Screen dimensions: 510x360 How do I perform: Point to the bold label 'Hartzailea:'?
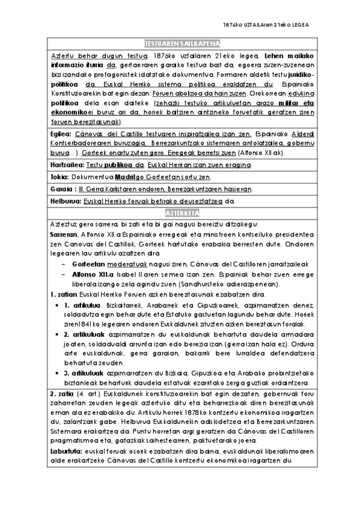point(66,164)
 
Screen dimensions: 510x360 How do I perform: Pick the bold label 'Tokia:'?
point(59,177)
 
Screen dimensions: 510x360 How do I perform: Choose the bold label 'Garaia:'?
point(61,189)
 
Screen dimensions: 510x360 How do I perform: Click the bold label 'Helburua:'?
point(64,201)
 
